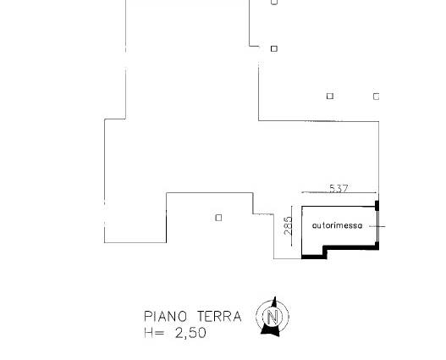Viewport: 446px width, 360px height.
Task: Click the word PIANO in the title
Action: pos(166,317)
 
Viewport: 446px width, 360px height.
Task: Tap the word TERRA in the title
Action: pos(219,317)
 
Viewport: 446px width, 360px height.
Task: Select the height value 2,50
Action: pos(190,333)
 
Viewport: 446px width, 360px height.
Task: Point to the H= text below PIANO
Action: pos(154,333)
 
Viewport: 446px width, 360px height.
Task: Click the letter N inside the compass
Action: pos(273,317)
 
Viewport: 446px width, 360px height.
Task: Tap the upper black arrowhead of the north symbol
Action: pos(274,302)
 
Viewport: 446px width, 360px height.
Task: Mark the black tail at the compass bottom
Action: pos(270,330)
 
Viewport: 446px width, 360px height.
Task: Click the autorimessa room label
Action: pos(338,225)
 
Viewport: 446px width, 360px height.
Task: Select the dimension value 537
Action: pos(339,188)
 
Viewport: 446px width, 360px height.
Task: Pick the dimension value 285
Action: pos(288,225)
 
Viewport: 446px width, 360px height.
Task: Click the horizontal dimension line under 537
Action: pos(340,192)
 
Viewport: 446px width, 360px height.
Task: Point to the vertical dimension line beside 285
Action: pos(292,226)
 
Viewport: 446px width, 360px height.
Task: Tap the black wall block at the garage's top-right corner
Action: pos(377,206)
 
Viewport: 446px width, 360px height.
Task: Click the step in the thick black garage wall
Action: pos(325,251)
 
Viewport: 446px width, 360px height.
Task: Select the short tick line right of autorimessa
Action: pos(377,226)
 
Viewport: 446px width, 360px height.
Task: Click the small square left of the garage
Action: pos(218,218)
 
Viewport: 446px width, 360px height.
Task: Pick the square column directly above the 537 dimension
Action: pos(330,97)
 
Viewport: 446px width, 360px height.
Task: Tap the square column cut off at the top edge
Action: pos(274,2)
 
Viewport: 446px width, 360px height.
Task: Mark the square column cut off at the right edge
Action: pos(376,97)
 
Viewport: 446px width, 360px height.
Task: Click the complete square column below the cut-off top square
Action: pos(274,48)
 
